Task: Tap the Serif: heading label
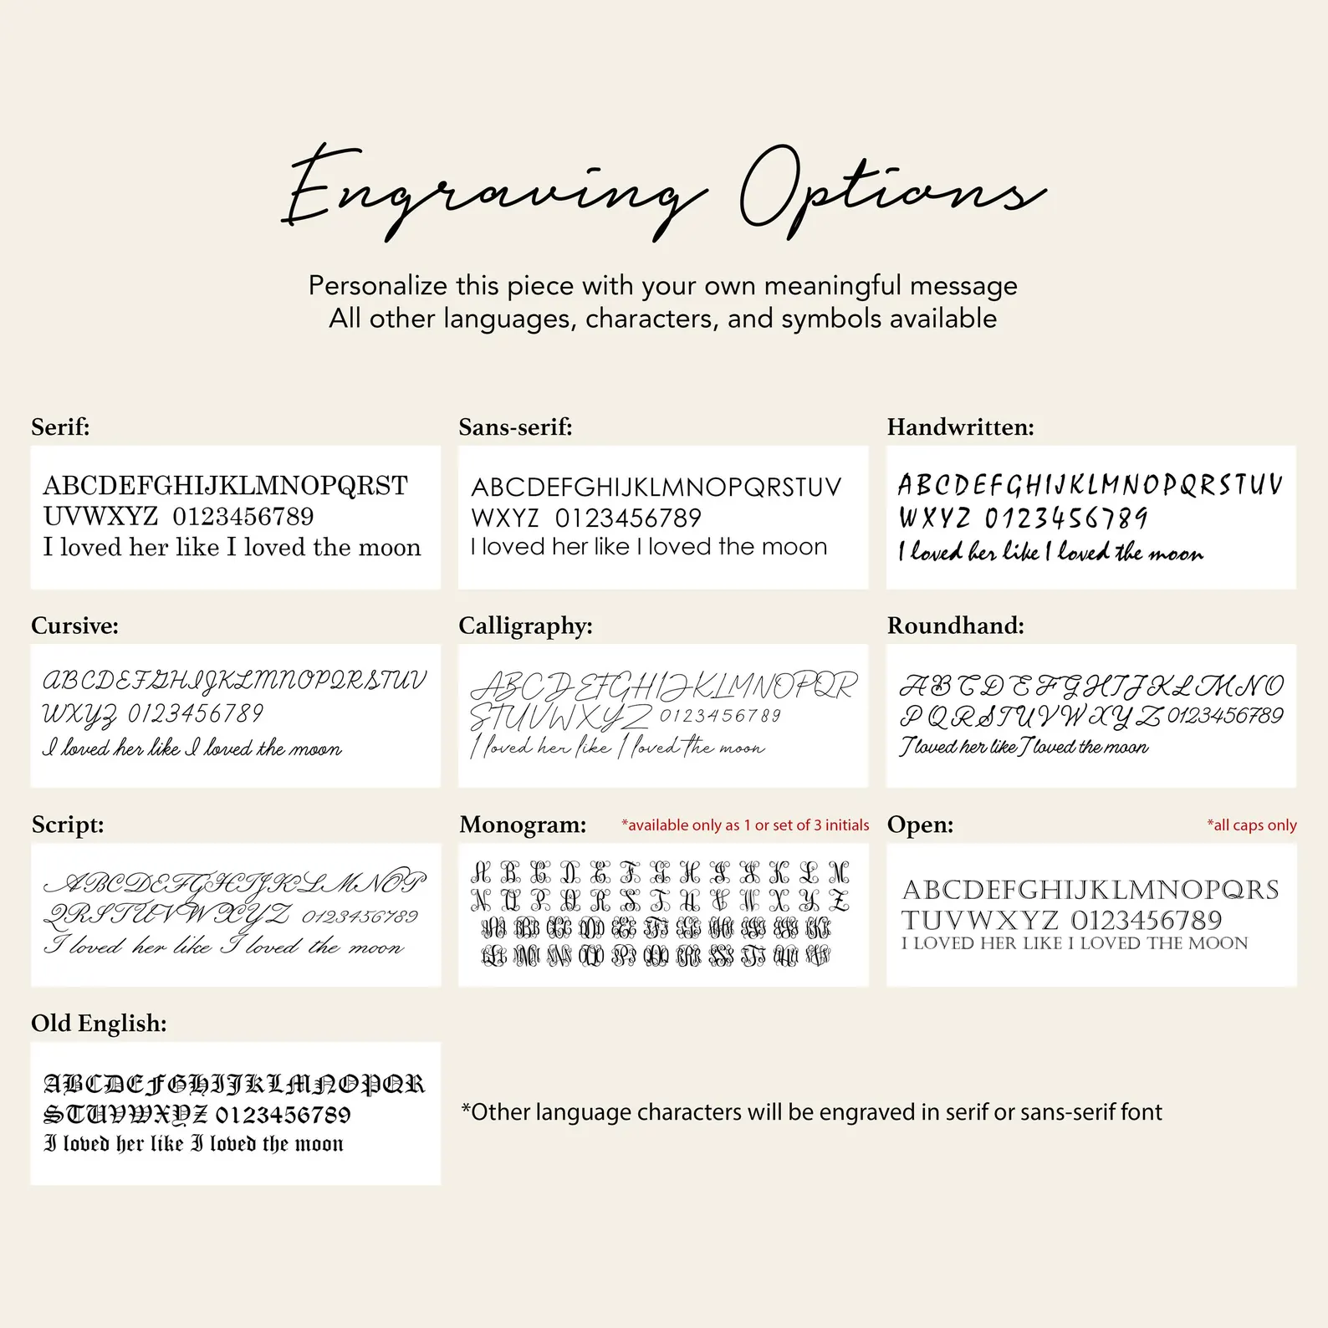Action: pos(60,427)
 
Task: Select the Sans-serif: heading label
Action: pos(515,427)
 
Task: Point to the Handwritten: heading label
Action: pos(960,427)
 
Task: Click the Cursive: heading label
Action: pos(74,626)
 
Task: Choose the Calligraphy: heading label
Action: pos(525,626)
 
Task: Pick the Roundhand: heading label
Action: pos(955,626)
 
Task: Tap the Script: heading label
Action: pos(68,825)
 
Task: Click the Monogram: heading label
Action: pos(523,825)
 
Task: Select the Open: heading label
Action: pos(920,825)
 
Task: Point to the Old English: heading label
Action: pos(99,1023)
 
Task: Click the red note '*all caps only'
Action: pos(1251,825)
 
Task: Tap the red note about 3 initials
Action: pos(745,825)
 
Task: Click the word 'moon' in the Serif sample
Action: pos(390,548)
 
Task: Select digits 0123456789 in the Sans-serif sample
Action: pos(628,518)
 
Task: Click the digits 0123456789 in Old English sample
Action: pos(283,1115)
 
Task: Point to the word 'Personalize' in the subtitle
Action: pos(378,286)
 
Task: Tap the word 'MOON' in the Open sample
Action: pos(1217,943)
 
